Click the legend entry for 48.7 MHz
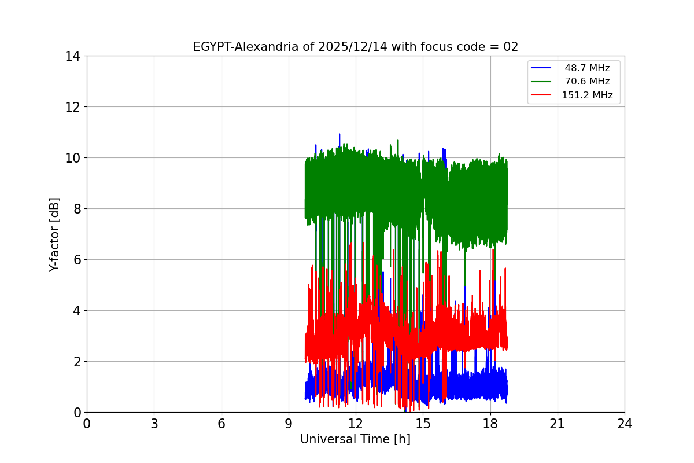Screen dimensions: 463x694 tap(587, 68)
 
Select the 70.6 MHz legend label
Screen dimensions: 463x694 tap(587, 82)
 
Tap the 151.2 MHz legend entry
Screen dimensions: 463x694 tap(587, 95)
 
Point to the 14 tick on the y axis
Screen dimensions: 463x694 tap(72, 56)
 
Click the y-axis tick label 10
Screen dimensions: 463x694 tap(72, 158)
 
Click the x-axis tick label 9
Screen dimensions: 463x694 tap(289, 424)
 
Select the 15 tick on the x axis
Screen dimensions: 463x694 tap(423, 424)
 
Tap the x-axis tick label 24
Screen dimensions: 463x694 tap(625, 424)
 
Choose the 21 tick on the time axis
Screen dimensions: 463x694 tap(558, 424)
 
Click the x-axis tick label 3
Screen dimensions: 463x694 tap(154, 424)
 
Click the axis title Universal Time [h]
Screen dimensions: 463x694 tap(355, 439)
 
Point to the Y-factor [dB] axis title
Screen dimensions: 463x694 tap(54, 234)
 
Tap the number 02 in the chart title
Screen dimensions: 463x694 tap(511, 47)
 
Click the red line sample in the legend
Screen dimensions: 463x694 tap(542, 95)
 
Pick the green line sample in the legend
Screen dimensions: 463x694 tap(542, 82)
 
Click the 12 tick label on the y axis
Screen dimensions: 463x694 tap(72, 107)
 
